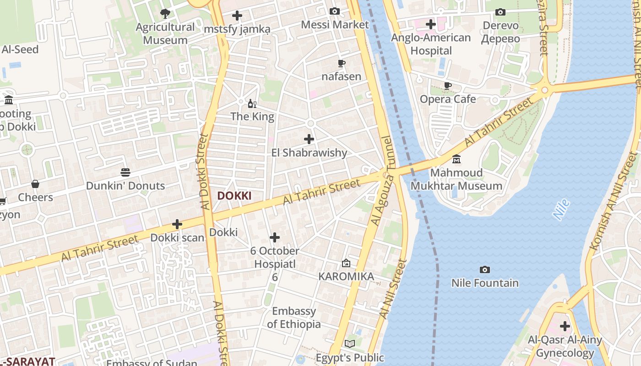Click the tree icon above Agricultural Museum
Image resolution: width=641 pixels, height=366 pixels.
(165, 13)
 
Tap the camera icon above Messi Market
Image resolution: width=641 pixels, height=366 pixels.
(335, 11)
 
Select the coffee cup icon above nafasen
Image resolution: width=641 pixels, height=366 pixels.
(341, 63)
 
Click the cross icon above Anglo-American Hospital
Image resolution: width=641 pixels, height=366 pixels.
(430, 24)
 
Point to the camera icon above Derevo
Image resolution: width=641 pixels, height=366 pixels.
(500, 12)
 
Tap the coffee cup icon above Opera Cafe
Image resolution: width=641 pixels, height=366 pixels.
(448, 86)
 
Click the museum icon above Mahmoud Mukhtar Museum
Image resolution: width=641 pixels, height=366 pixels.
(456, 159)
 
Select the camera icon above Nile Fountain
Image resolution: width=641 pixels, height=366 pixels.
(485, 269)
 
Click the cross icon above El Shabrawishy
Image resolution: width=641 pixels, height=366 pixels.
(309, 139)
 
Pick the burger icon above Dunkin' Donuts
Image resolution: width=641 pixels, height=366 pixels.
(125, 172)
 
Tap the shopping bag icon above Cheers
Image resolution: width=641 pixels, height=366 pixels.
(35, 184)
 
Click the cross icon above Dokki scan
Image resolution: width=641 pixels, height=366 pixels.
(177, 224)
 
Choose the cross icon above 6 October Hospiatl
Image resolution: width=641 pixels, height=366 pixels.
(275, 237)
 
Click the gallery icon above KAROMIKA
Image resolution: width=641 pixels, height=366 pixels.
(346, 263)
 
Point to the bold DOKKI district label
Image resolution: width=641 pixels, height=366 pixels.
(234, 196)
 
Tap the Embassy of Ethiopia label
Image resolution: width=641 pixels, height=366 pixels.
(294, 318)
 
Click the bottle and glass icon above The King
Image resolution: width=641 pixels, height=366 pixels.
(252, 104)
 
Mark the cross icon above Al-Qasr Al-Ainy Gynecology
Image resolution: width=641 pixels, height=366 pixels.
(565, 326)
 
